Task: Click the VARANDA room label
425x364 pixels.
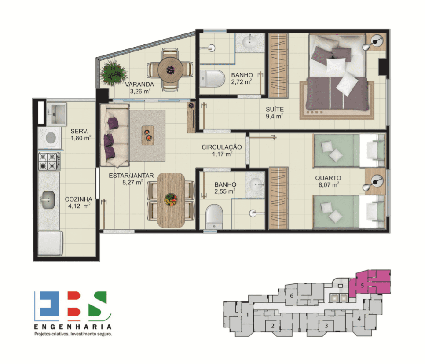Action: coord(139,85)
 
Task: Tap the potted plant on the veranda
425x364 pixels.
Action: coord(114,73)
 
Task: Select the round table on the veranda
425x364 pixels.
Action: coord(170,70)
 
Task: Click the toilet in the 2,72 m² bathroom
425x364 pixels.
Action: coord(212,78)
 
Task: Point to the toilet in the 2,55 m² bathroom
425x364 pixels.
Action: coord(214,217)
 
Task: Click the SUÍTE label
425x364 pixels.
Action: coord(275,109)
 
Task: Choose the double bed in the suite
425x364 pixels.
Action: coord(338,74)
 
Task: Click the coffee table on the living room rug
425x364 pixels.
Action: coord(148,135)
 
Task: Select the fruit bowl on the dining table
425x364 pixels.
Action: coord(171,200)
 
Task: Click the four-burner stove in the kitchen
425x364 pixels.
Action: coord(49,162)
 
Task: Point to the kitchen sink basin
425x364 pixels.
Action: coord(48,200)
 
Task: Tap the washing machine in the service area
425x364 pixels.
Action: coord(49,138)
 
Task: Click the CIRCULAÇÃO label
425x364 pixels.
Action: coord(222,147)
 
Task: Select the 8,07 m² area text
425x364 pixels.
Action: coord(329,185)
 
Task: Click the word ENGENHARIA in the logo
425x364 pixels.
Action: coord(73,327)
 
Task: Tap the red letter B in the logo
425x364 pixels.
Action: coord(74,304)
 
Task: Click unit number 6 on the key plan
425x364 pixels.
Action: coord(292,295)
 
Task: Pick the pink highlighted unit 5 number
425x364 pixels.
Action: coord(362,286)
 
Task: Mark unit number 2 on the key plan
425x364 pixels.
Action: coord(273,326)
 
